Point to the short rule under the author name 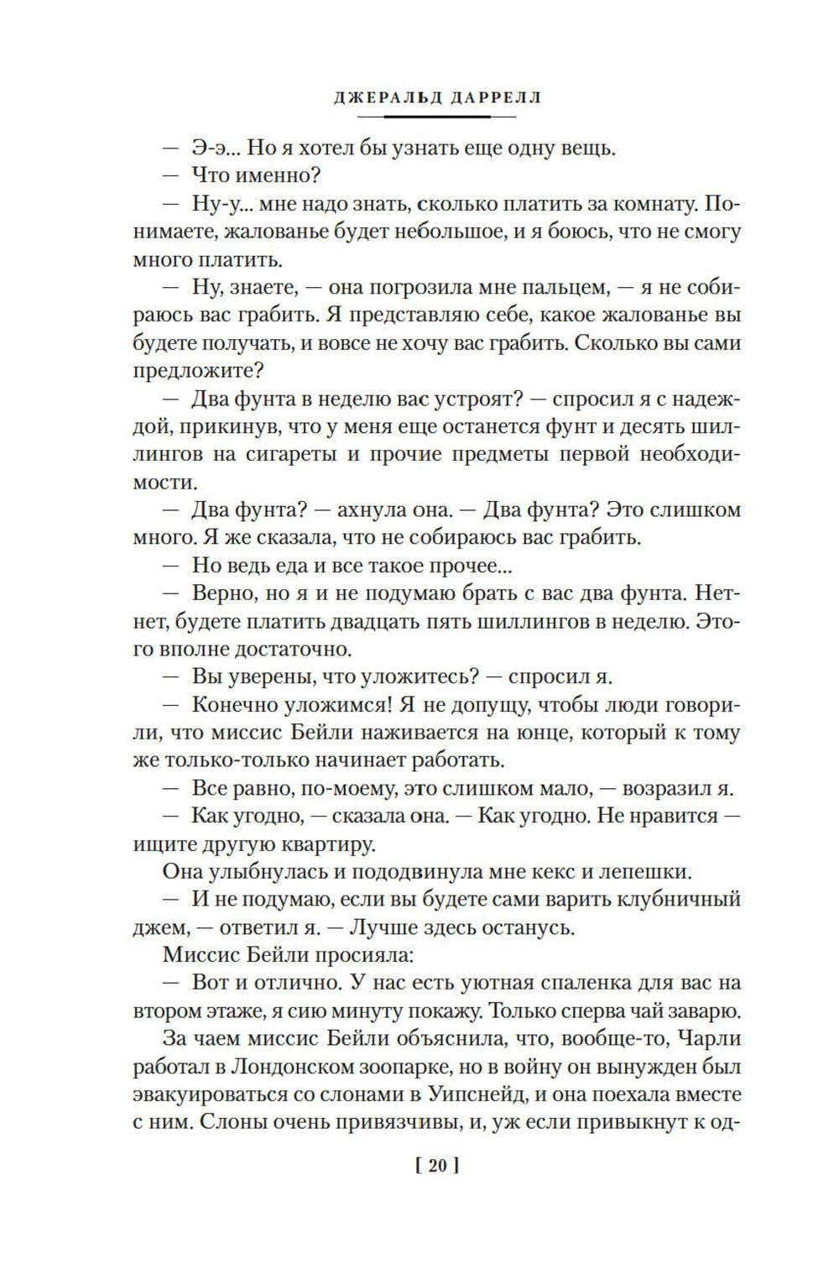coord(436,117)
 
